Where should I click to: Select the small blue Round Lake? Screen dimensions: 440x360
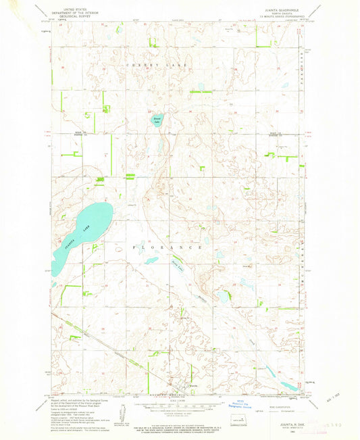[x=157, y=120]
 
